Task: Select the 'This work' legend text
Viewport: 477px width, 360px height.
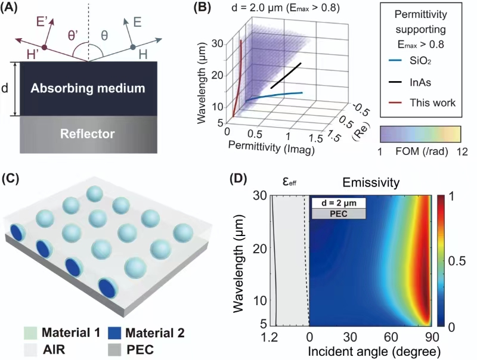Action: (432, 103)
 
